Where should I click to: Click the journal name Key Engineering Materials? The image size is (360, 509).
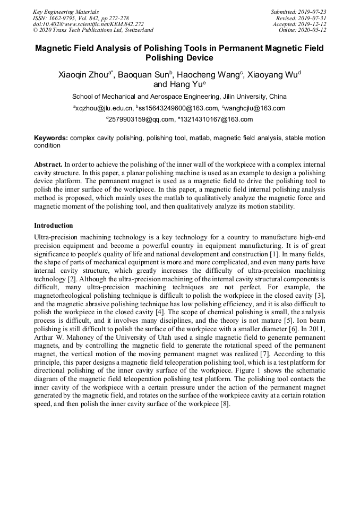click(66, 12)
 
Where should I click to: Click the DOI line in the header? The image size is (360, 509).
click(88, 24)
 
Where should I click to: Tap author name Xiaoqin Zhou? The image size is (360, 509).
click(83, 75)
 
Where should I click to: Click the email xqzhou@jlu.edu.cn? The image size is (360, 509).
click(104, 108)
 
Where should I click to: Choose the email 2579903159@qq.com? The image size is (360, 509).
click(141, 119)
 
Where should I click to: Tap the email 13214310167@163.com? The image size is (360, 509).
click(217, 119)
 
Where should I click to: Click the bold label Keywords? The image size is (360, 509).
click(51, 138)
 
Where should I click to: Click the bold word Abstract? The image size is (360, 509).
click(48, 165)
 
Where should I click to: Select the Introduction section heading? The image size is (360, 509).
click(54, 226)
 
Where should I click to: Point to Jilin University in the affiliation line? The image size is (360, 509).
click(246, 97)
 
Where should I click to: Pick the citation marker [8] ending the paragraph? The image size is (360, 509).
click(225, 404)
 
